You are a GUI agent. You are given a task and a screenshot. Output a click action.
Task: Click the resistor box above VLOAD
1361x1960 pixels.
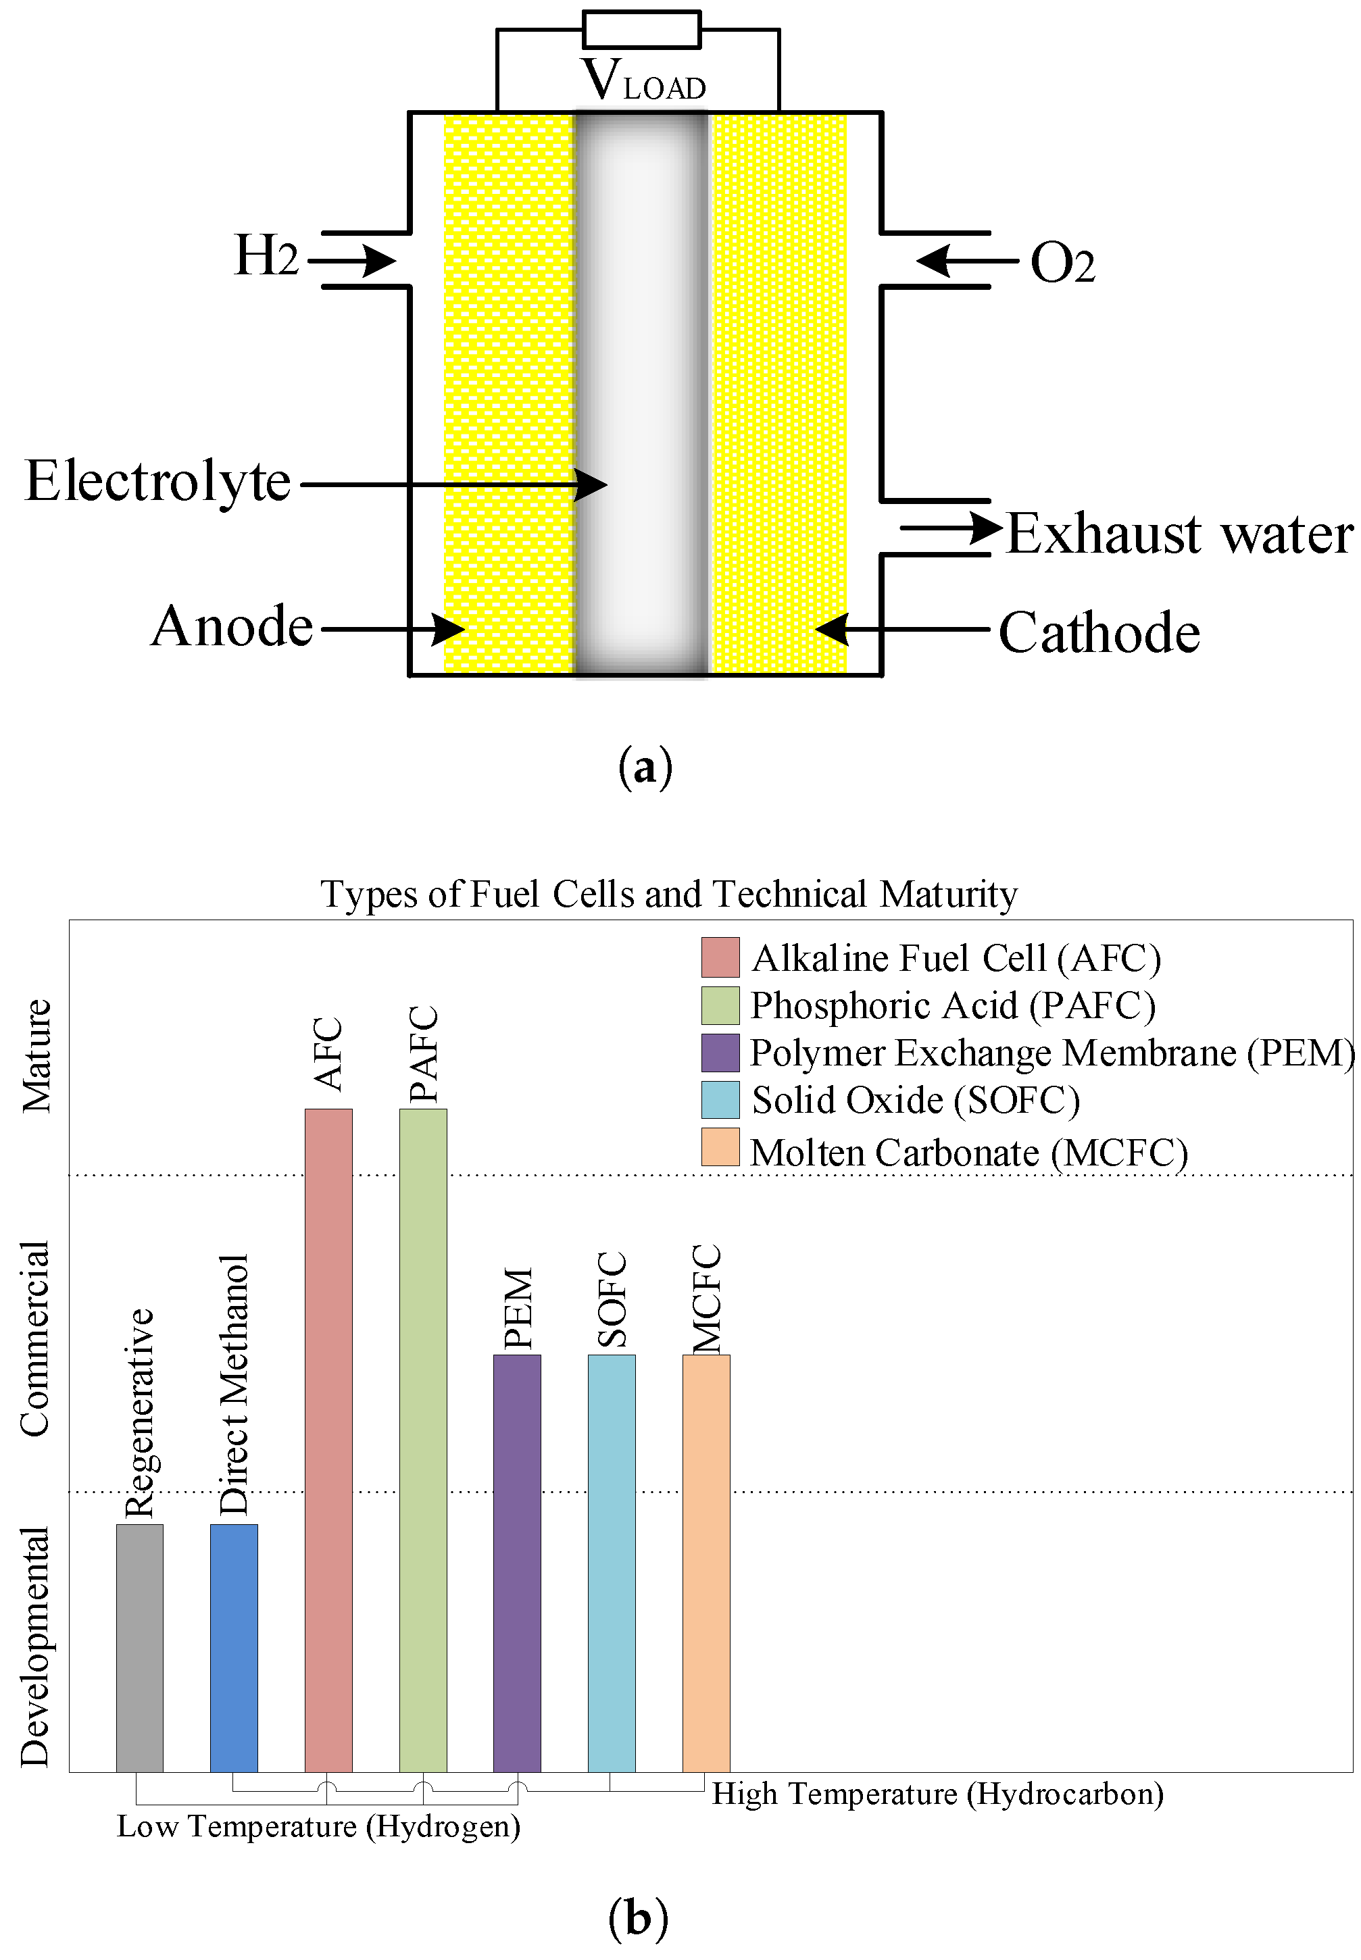click(641, 30)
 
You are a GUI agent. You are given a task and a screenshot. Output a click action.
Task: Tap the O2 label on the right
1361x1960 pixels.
click(1062, 263)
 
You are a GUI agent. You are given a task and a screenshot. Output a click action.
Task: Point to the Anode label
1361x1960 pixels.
click(232, 626)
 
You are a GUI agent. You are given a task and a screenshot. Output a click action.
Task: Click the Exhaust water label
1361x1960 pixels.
click(1179, 534)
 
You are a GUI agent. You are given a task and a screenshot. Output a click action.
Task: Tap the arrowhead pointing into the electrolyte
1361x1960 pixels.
click(591, 485)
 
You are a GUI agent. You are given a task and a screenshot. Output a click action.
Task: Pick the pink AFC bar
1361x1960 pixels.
click(328, 1441)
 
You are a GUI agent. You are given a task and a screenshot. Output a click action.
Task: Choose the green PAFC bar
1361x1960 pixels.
click(423, 1441)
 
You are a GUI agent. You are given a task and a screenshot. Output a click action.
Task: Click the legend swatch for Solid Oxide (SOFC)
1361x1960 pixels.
click(720, 1100)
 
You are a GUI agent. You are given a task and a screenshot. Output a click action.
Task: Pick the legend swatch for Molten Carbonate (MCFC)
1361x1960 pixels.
click(720, 1147)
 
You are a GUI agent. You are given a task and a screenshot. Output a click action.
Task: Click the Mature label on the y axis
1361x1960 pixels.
click(36, 1055)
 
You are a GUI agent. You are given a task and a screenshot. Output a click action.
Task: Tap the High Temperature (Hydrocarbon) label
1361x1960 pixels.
click(937, 1794)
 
